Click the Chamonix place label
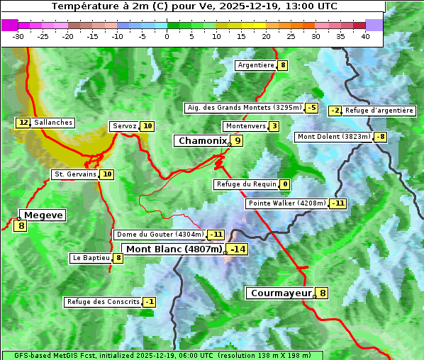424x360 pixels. tap(201, 141)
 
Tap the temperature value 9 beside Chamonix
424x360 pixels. tap(238, 141)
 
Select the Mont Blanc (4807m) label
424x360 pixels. tap(174, 249)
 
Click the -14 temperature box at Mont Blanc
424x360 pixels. tap(238, 249)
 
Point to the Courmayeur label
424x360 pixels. tap(281, 293)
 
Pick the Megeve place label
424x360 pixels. tap(43, 215)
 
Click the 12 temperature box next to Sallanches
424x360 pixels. tap(23, 123)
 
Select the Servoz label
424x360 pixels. tap(124, 126)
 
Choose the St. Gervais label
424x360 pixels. tap(74, 174)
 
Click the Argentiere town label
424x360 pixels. tap(256, 65)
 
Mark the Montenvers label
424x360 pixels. tap(245, 126)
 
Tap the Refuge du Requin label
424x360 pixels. tap(245, 184)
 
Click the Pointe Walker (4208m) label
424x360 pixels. tap(286, 203)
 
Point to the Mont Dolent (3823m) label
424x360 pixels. tap(334, 137)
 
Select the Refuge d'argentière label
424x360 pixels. tap(379, 111)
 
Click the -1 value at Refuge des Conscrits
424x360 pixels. tap(149, 302)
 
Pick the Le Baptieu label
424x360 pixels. tap(91, 258)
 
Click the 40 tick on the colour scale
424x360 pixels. tap(365, 36)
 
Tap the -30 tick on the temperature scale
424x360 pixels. tap(18, 36)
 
